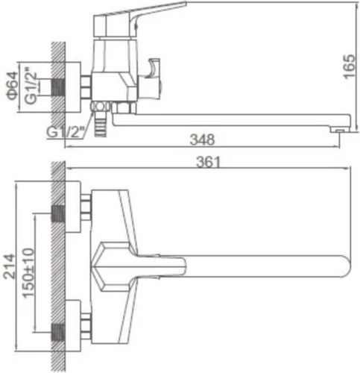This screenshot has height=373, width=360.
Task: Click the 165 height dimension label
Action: (x=350, y=66)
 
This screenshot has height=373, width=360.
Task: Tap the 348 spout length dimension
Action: (x=202, y=140)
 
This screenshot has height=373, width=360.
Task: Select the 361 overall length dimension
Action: (x=208, y=162)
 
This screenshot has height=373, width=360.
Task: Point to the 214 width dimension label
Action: (x=10, y=266)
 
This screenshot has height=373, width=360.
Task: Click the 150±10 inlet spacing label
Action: (x=28, y=273)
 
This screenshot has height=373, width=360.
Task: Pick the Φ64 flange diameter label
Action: (x=13, y=86)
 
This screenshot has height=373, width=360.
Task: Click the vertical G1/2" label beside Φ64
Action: (x=31, y=84)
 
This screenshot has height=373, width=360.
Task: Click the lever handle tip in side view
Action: (x=184, y=4)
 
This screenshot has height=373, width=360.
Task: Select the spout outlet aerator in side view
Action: (x=340, y=130)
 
